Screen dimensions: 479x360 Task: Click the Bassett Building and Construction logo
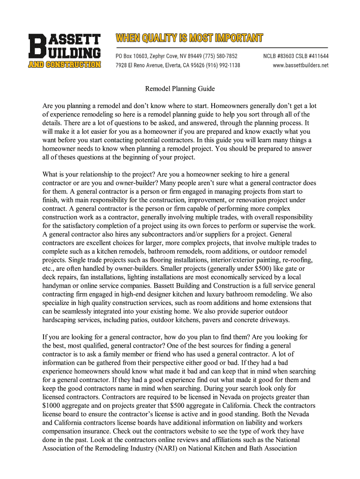tap(64, 51)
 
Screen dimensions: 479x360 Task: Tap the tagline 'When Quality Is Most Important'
tap(189, 38)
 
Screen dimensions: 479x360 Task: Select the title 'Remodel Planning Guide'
tap(180, 88)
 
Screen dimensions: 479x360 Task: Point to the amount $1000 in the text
tap(51, 406)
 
